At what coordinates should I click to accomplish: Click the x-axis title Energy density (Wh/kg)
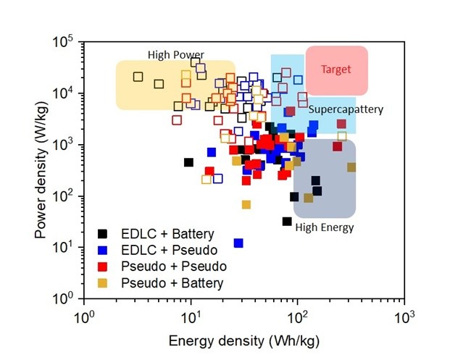pos(245,340)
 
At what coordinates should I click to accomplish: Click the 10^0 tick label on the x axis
pos(86,316)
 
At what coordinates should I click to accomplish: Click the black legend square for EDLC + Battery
pos(104,233)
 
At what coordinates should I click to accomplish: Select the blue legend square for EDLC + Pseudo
pos(104,250)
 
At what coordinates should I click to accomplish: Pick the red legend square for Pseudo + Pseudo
pos(104,266)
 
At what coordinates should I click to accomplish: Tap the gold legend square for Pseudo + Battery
pos(104,282)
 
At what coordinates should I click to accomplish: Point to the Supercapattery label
pos(345,109)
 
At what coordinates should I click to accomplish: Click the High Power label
pos(175,54)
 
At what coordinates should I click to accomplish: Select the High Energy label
pos(324,227)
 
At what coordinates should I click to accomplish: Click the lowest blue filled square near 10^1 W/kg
pos(238,243)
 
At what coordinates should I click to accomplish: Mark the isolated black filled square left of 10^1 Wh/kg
pos(188,162)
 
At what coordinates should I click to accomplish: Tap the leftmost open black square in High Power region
pos(138,77)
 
